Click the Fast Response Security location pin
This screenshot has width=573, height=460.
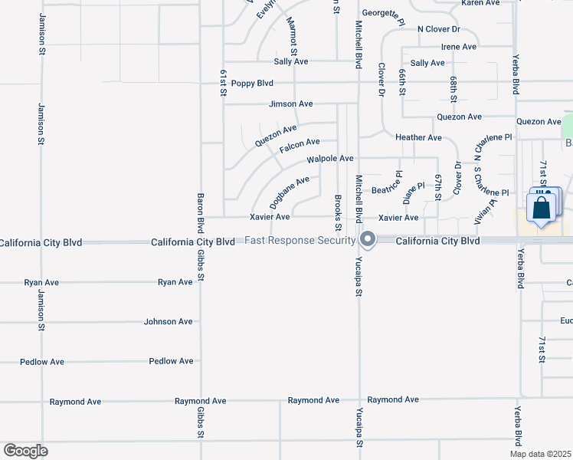[368, 240]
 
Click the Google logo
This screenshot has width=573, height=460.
[25, 451]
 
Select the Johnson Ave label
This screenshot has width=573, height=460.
[169, 321]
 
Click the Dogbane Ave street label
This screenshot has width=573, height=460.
[290, 192]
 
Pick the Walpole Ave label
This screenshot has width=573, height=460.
[330, 159]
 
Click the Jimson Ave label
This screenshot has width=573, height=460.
[291, 103]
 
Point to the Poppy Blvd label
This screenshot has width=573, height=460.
[252, 83]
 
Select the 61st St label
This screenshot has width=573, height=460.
[224, 82]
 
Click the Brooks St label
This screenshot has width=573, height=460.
[338, 212]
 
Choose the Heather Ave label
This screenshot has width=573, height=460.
[418, 137]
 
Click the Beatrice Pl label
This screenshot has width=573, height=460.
[386, 189]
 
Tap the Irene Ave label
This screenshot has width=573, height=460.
[459, 47]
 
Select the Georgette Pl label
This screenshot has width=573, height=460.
[383, 16]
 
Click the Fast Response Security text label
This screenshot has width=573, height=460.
[300, 240]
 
